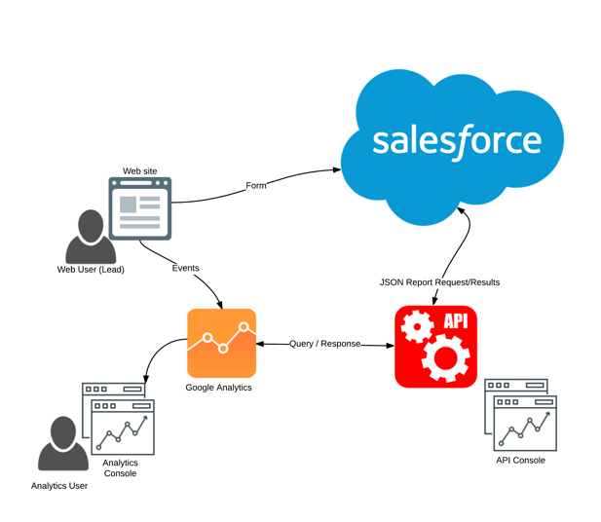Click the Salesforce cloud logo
(x=454, y=141)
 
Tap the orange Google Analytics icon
(x=221, y=343)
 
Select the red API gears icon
(x=435, y=347)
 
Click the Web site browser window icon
(x=140, y=208)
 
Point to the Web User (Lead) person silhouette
(x=90, y=237)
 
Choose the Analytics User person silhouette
(x=62, y=445)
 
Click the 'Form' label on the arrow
(x=255, y=185)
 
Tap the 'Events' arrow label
(x=185, y=268)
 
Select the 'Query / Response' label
(x=324, y=344)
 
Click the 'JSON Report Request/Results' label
(x=439, y=282)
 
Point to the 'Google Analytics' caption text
(x=218, y=388)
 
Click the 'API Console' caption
(x=520, y=460)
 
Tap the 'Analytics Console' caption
(x=121, y=468)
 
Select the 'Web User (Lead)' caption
(x=91, y=270)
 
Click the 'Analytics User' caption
(x=59, y=485)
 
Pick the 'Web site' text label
(x=139, y=171)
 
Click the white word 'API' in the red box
(x=456, y=321)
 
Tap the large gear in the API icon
(x=445, y=360)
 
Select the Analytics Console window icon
(x=119, y=419)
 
